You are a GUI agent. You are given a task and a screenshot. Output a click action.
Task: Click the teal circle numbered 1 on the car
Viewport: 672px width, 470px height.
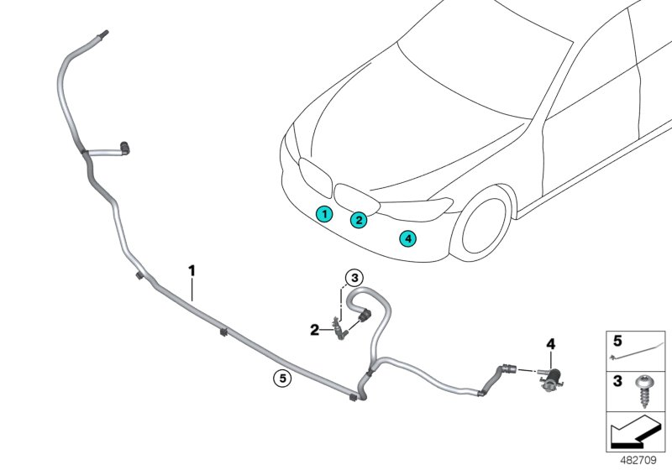(x=323, y=214)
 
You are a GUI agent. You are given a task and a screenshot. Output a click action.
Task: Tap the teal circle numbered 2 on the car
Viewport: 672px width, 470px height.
(x=359, y=221)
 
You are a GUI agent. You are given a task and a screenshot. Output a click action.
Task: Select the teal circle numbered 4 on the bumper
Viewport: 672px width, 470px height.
(x=407, y=238)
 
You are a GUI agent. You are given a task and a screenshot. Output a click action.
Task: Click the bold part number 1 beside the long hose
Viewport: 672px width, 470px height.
(x=192, y=270)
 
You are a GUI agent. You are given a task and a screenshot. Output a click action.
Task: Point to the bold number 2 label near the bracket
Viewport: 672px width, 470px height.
(x=314, y=330)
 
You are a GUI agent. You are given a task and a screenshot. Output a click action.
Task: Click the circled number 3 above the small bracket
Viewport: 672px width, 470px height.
(x=354, y=278)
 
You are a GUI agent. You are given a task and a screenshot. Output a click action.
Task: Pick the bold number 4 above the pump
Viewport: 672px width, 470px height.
(x=551, y=344)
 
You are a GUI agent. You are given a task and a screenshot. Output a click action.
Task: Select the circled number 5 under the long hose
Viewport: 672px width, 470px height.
(x=283, y=379)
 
